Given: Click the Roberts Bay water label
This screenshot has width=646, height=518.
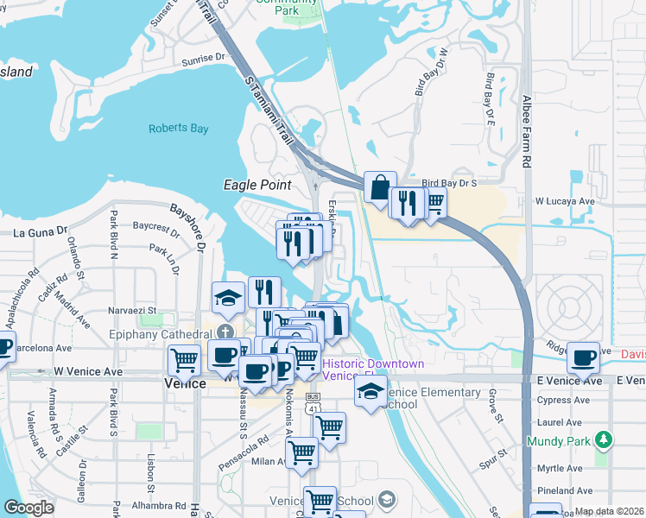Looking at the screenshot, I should [x=178, y=129].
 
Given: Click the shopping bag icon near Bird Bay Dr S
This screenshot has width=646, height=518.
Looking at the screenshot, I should [x=380, y=187].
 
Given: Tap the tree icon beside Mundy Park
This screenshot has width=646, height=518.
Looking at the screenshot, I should [x=606, y=441].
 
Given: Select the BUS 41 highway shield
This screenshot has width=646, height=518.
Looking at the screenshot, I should [x=313, y=402].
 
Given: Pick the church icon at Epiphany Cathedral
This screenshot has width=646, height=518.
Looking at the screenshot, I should [x=225, y=332].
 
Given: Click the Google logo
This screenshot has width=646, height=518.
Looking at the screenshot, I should [x=28, y=508].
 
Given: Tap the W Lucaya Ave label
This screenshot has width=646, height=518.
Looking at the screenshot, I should [x=565, y=201].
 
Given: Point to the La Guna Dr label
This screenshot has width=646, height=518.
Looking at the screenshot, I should [x=40, y=232].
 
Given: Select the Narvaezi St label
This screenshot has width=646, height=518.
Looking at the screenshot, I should [x=131, y=309].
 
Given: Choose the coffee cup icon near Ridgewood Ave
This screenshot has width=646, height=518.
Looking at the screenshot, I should [x=585, y=357].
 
